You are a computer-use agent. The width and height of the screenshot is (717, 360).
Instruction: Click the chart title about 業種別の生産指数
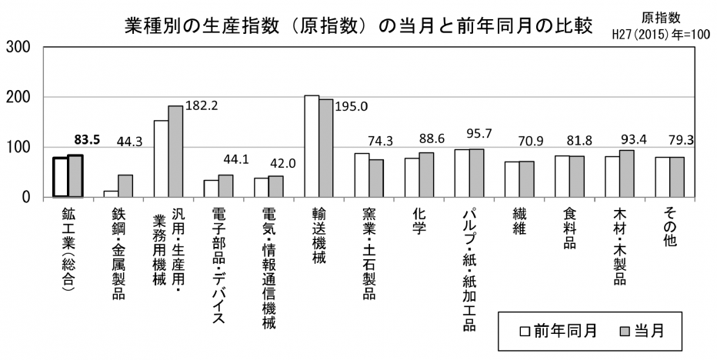pyautogui.click(x=358, y=25)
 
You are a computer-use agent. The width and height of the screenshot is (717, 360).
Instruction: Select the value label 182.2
pyautogui.click(x=202, y=105)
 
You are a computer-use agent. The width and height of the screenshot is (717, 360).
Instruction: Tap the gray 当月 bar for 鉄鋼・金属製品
pyautogui.click(x=125, y=186)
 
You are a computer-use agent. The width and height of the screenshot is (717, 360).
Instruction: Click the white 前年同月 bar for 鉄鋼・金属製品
pyautogui.click(x=112, y=194)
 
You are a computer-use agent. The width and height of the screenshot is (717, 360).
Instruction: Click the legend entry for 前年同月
pyautogui.click(x=559, y=332)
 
